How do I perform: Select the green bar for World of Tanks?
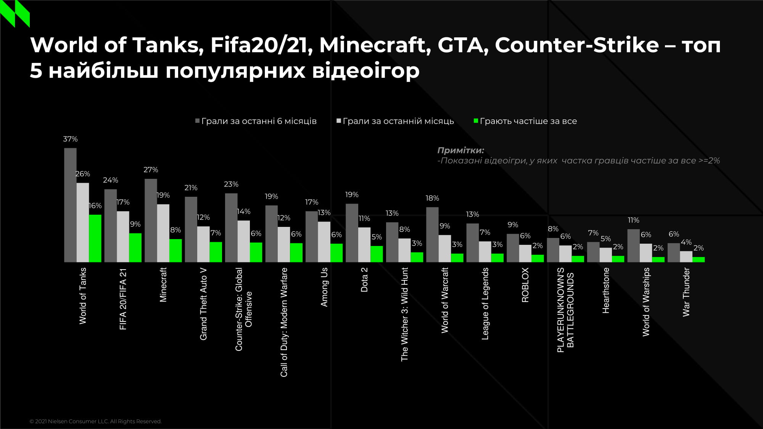[95, 238]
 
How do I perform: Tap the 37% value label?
[70, 139]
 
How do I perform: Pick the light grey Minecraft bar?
[163, 233]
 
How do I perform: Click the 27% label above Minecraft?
[151, 170]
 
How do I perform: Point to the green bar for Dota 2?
[377, 254]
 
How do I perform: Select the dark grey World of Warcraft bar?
[432, 235]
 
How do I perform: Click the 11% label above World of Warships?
[633, 220]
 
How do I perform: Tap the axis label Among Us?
[324, 287]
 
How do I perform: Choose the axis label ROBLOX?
[525, 285]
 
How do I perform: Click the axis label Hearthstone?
[606, 291]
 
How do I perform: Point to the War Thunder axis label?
[686, 292]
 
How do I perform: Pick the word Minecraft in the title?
[372, 45]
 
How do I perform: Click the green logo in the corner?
[15, 13]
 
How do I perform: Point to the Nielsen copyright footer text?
[96, 421]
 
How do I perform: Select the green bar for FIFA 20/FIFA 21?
[135, 247]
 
